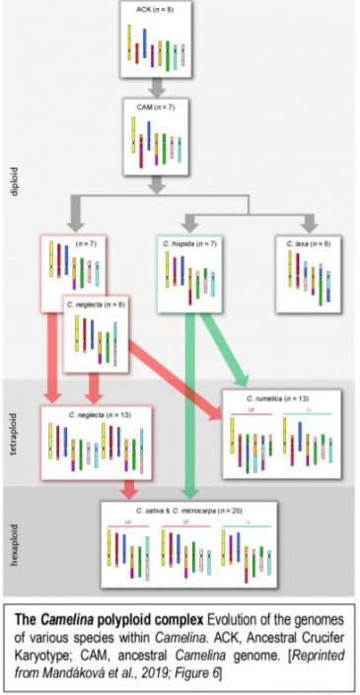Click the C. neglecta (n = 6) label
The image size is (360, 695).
(x=98, y=306)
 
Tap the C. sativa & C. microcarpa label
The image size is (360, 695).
(x=188, y=511)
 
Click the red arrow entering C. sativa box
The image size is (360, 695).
(x=127, y=489)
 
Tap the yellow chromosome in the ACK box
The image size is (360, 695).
(x=130, y=40)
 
